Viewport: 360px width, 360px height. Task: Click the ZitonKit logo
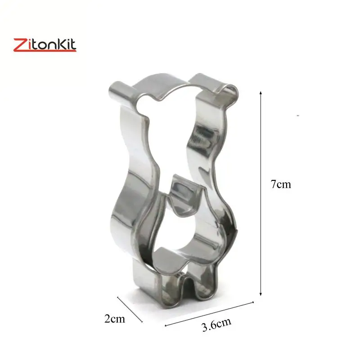coord(45,45)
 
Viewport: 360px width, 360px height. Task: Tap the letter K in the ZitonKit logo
coord(61,44)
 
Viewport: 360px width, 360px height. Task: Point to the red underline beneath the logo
coord(45,51)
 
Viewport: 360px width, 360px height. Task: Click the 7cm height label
coord(280,184)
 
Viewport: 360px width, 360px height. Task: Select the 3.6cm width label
coord(216,324)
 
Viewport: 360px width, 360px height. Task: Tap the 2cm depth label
coord(115,319)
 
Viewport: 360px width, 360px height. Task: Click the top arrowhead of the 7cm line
coord(261,93)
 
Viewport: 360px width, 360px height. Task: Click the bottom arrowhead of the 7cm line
coord(261,294)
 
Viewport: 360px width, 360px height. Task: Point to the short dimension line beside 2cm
coord(130,310)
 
